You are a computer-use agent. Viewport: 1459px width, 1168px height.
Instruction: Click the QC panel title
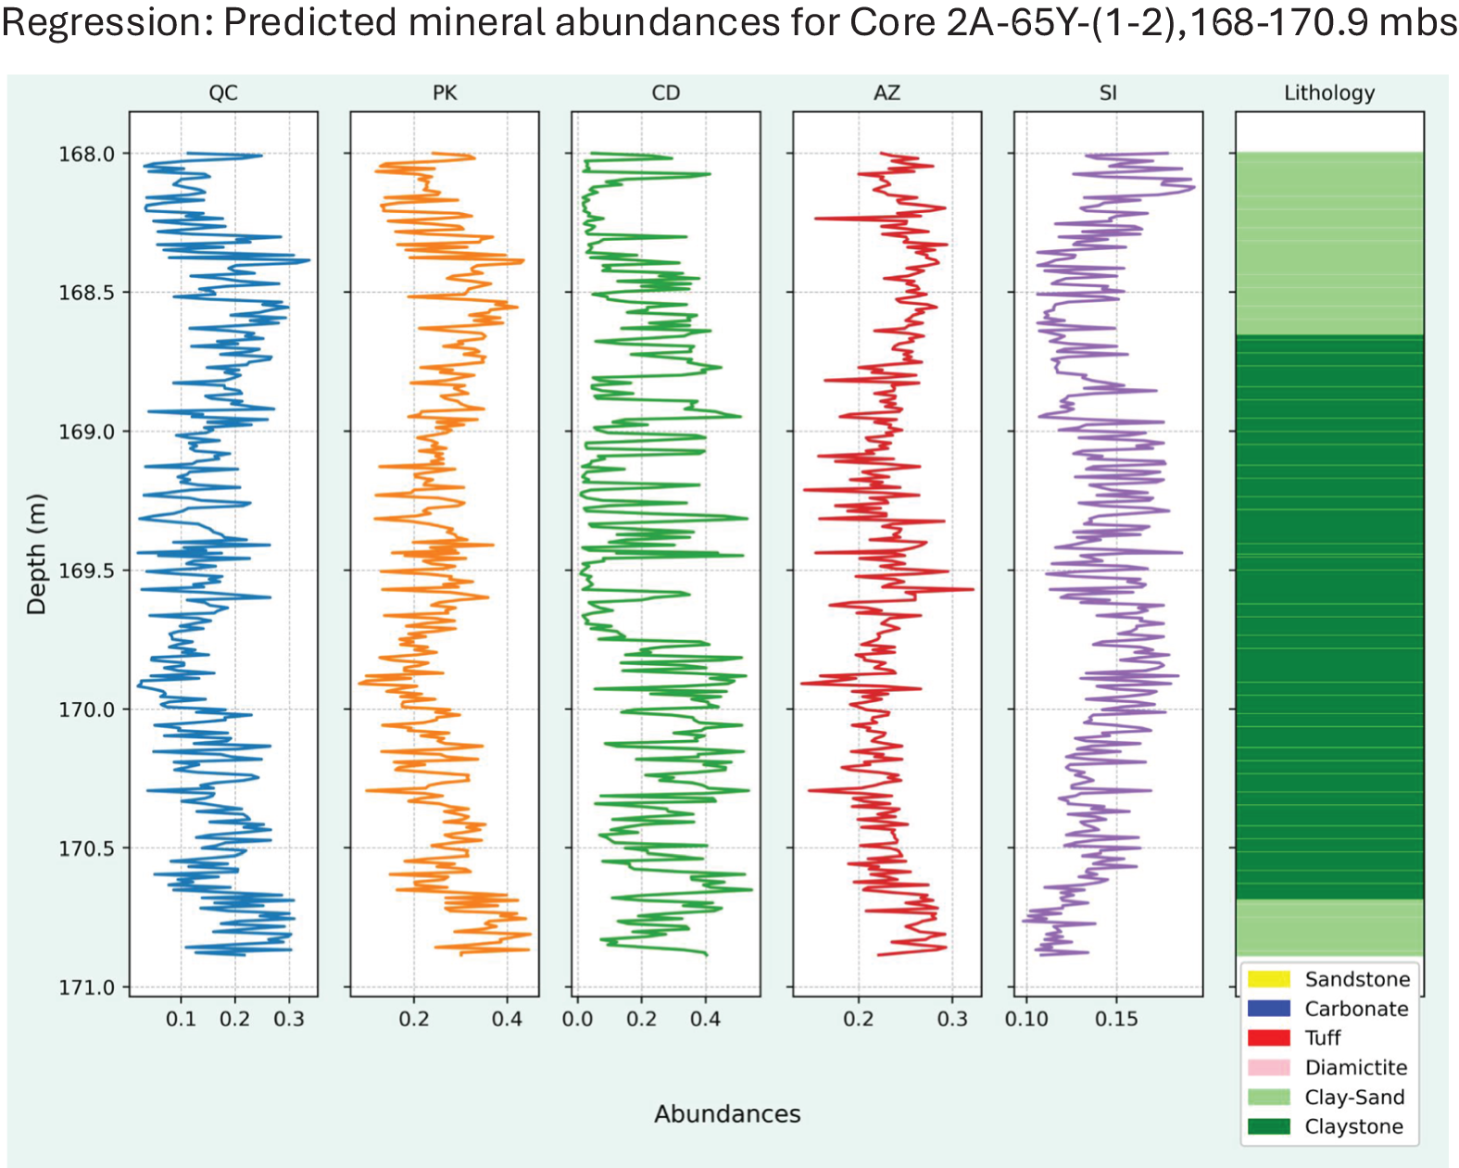pos(223,93)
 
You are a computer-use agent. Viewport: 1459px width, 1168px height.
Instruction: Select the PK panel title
pos(445,93)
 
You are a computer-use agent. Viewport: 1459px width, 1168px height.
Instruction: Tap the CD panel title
pos(666,93)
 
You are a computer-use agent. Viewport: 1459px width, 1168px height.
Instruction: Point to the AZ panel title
pos(887,93)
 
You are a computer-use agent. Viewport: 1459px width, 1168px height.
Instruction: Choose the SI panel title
pos(1108,93)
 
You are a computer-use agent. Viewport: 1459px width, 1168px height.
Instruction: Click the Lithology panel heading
pos(1329,93)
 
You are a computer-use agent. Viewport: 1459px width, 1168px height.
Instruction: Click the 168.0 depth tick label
pos(86,154)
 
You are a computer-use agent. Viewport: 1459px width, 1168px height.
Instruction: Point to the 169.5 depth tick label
pos(86,570)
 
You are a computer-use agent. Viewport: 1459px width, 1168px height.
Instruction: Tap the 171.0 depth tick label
pos(86,987)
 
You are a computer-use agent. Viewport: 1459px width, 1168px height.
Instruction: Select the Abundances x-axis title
pos(727,1113)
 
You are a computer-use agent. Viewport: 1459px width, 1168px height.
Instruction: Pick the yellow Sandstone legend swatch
pos(1268,979)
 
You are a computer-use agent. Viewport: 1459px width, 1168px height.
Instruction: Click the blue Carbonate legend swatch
pos(1268,1008)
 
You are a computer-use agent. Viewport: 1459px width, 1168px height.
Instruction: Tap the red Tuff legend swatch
pos(1268,1037)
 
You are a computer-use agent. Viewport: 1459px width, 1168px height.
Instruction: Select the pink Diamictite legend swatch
pos(1268,1067)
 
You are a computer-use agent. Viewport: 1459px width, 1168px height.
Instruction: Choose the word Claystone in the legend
pos(1354,1126)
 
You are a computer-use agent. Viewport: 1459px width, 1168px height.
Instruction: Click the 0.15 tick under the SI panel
pos(1116,1018)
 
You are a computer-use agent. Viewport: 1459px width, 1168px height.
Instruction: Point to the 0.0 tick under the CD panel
pos(578,1018)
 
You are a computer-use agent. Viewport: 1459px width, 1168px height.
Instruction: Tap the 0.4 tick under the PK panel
pos(507,1018)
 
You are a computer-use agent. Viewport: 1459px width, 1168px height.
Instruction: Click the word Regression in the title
pos(107,22)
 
